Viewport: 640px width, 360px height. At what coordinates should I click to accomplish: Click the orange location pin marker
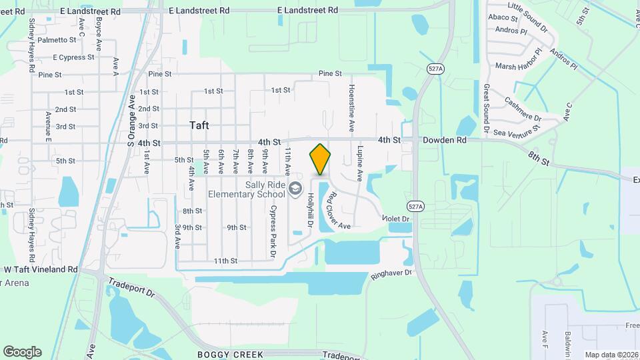(x=320, y=159)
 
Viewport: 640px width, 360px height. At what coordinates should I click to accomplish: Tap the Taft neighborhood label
(x=199, y=125)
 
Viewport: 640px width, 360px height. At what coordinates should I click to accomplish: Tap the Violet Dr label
(x=395, y=218)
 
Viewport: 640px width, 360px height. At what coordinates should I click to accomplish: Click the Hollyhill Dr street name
(x=310, y=211)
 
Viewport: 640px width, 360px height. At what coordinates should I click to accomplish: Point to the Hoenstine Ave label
(x=351, y=107)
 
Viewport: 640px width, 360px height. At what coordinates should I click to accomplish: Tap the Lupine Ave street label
(x=360, y=164)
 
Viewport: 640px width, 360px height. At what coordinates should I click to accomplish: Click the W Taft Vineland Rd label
(x=41, y=269)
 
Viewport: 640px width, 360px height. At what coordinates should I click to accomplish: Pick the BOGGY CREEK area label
(x=231, y=354)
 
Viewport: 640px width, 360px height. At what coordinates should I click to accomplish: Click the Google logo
(x=22, y=352)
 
